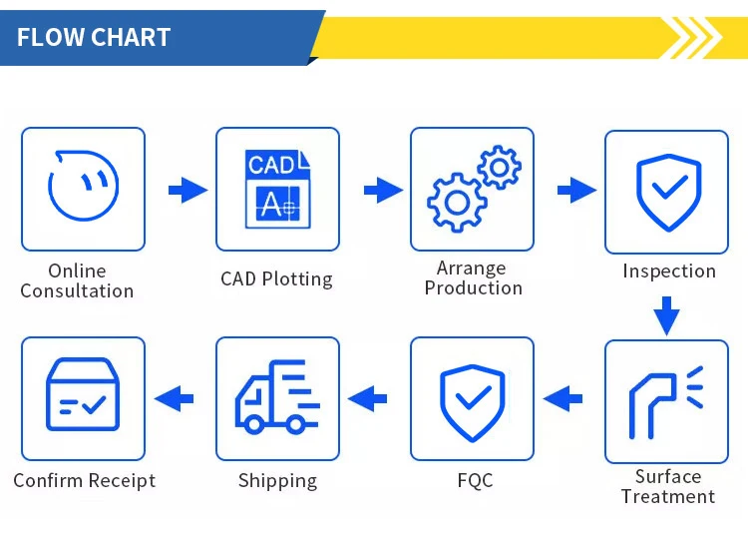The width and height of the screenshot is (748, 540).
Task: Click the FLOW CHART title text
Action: (94, 38)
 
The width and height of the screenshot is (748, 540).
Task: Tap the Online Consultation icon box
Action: (83, 189)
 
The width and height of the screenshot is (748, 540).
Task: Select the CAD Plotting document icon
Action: (277, 189)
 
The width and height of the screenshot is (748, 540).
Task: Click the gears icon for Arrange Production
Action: (472, 189)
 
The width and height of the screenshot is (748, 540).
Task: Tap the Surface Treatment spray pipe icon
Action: (666, 401)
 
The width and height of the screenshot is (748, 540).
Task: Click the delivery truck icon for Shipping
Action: (277, 398)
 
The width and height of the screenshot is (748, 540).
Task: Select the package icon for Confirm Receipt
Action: (83, 398)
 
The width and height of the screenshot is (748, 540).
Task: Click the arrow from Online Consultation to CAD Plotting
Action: (187, 190)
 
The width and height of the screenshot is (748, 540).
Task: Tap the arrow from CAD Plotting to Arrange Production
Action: (382, 190)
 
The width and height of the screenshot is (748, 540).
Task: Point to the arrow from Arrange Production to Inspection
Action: (575, 190)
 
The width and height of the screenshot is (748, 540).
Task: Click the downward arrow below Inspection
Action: (666, 316)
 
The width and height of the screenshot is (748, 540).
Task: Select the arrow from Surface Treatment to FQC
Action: (563, 399)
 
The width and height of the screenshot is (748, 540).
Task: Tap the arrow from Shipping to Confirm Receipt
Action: (174, 399)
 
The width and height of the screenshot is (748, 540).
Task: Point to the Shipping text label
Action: (277, 481)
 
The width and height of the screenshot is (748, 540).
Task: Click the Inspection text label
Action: (669, 271)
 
